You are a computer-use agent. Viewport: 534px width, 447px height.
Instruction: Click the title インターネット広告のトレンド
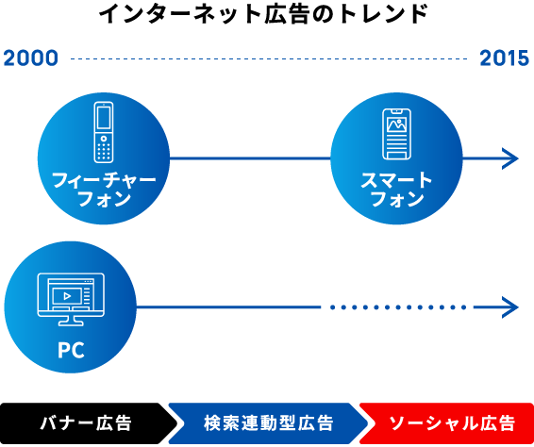tap(263, 14)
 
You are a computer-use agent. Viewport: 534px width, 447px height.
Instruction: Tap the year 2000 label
tap(30, 58)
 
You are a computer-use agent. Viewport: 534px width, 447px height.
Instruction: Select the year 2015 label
tap(504, 58)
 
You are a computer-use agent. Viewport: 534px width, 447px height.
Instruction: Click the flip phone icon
tap(104, 132)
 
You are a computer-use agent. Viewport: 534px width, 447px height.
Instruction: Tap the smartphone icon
tap(396, 134)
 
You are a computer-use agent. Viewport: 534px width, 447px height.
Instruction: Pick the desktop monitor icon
tap(71, 299)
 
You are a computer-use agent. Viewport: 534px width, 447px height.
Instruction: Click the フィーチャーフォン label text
tap(104, 190)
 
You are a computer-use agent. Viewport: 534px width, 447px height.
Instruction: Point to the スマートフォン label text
tap(396, 190)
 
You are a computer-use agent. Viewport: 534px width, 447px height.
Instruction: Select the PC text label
tap(71, 350)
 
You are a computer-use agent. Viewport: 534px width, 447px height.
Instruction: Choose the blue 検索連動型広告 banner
tap(268, 423)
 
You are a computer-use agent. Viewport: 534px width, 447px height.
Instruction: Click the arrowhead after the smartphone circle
tap(510, 158)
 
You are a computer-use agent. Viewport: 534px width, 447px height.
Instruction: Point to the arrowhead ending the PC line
tap(510, 307)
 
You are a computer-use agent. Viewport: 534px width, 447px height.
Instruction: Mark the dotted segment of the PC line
tap(398, 307)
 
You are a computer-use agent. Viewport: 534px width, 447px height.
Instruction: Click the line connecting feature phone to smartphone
tap(250, 158)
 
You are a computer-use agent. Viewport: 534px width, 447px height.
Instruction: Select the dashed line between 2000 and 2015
tap(269, 58)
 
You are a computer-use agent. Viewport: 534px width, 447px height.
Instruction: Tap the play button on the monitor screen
tap(67, 296)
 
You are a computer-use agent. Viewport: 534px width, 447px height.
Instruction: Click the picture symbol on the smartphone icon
tap(397, 124)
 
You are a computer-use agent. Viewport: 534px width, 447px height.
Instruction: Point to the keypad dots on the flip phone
tap(104, 152)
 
